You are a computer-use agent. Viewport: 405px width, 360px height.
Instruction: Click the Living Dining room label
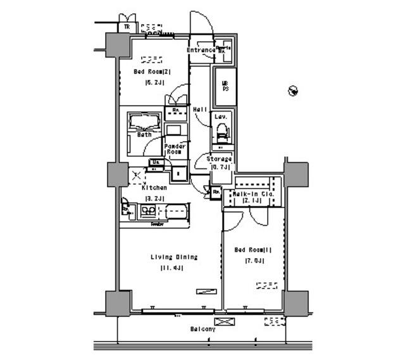173,257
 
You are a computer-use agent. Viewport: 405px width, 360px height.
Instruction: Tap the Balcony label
202,330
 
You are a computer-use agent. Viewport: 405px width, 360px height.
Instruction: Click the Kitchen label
154,188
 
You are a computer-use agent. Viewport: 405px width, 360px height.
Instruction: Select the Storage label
218,159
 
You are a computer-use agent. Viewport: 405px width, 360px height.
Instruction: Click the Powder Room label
175,149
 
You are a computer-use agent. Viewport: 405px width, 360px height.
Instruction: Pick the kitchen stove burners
126,209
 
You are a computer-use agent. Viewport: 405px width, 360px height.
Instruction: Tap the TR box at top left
127,27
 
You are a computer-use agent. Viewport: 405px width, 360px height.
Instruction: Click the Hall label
200,109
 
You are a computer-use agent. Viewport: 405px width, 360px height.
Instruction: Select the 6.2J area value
154,82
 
